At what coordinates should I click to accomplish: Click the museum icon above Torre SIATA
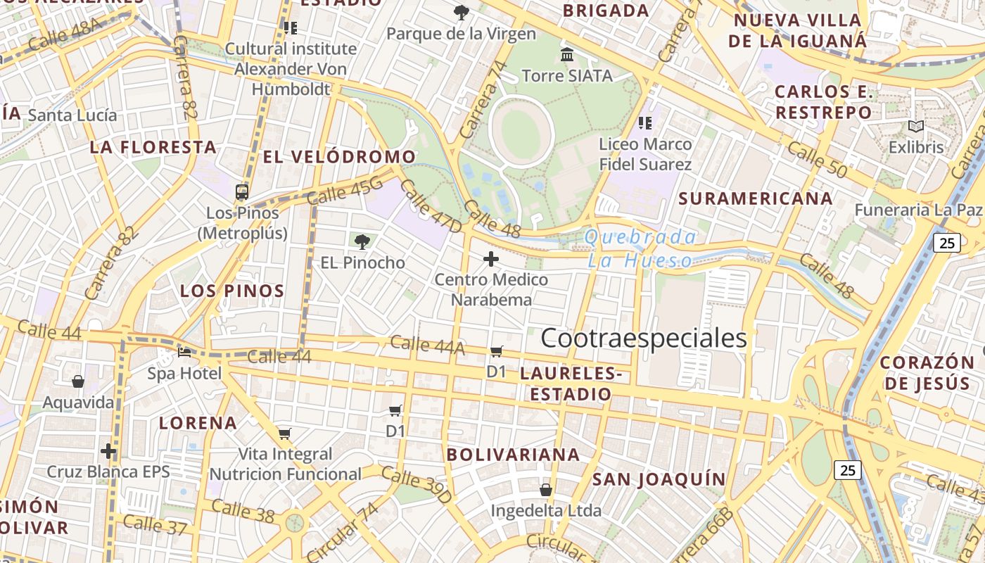pos(567,54)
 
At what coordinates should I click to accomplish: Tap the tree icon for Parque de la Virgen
pos(462,12)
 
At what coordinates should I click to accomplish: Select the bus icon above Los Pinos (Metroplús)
pos(242,191)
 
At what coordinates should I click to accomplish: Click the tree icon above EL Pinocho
pos(362,242)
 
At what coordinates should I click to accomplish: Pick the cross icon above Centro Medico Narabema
pos(491,260)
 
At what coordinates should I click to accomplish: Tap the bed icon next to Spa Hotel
pos(184,353)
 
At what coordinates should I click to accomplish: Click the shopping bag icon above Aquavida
pos(78,381)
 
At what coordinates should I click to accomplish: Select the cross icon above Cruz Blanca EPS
pos(108,450)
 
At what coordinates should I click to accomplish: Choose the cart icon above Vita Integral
pos(285,434)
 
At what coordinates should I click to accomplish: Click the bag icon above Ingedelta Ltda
pos(546,489)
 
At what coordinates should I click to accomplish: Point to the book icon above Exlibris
pos(915,127)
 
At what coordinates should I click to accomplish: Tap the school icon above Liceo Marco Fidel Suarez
pos(645,123)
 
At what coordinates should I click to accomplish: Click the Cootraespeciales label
pos(644,339)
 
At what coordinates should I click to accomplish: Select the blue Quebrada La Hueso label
pos(640,248)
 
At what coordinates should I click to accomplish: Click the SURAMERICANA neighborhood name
pos(756,198)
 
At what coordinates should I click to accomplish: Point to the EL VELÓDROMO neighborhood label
pos(339,157)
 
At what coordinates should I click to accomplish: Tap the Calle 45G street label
pos(345,191)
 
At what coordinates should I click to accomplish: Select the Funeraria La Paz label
pos(918,210)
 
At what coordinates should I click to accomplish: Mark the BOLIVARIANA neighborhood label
pos(514,455)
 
